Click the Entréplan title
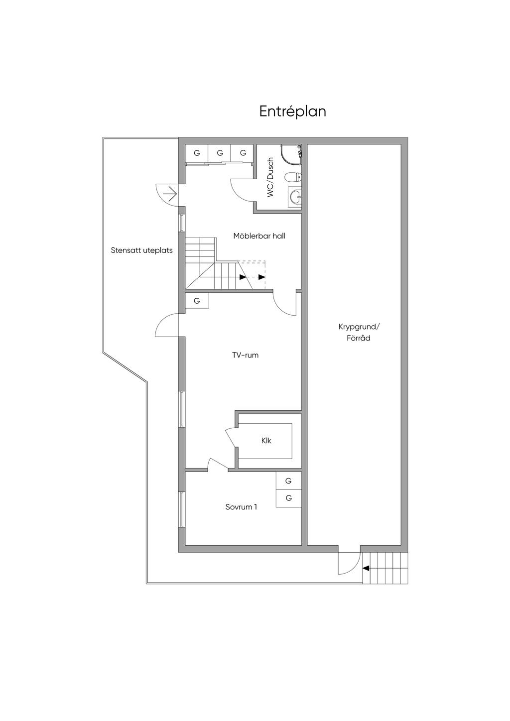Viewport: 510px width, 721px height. tap(292, 111)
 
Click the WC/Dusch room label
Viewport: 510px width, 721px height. tap(270, 177)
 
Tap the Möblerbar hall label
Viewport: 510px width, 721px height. tap(259, 236)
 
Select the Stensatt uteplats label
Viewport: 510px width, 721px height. tap(141, 250)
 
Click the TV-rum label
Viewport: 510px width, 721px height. tap(245, 355)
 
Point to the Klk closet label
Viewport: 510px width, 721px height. tap(266, 441)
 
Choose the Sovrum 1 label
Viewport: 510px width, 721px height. tap(241, 507)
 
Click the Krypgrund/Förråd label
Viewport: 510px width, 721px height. tap(359, 332)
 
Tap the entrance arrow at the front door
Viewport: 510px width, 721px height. tap(171, 193)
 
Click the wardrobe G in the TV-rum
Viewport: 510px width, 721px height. tap(197, 301)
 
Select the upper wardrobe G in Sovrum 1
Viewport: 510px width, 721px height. tap(288, 481)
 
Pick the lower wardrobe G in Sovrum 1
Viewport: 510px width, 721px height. tap(288, 498)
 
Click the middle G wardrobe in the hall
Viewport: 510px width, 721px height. tap(220, 153)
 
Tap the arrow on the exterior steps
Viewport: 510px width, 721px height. tap(366, 568)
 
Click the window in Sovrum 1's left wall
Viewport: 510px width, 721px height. tap(182, 509)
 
